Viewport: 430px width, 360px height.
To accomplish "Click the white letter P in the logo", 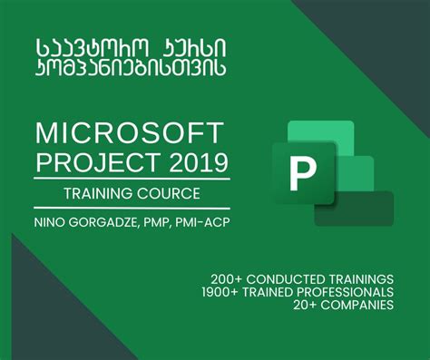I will click(300, 173).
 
